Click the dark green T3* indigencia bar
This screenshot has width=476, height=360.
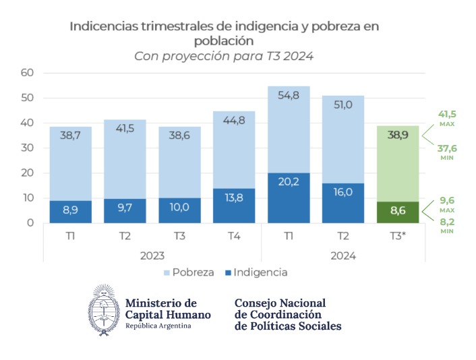pos(397,212)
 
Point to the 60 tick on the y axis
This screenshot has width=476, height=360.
pos(27,73)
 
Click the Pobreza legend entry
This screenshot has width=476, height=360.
pos(190,272)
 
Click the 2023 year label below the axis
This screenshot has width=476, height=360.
pos(152,256)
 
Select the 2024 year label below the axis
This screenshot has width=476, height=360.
pos(343,256)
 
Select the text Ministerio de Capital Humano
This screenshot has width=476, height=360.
pos(167,309)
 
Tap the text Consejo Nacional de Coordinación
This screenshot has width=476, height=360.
pos(280,309)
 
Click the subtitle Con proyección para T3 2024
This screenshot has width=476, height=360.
pos(224,56)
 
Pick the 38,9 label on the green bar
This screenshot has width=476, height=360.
pos(397,135)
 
